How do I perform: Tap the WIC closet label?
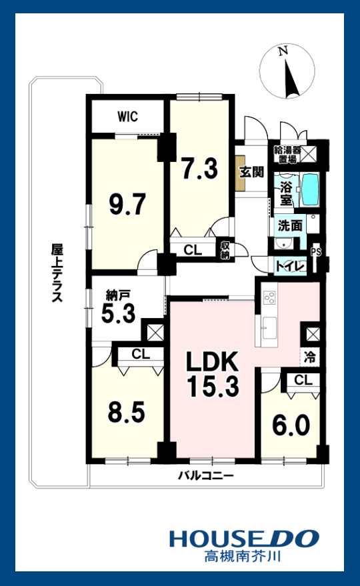[128, 117]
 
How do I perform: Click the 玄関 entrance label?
[251, 172]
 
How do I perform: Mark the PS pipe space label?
[316, 252]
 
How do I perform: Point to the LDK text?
[211, 362]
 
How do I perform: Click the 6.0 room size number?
[291, 424]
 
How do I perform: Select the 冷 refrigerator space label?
[310, 357]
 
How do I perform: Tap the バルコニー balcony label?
[205, 476]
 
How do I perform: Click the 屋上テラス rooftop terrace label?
[57, 273]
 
